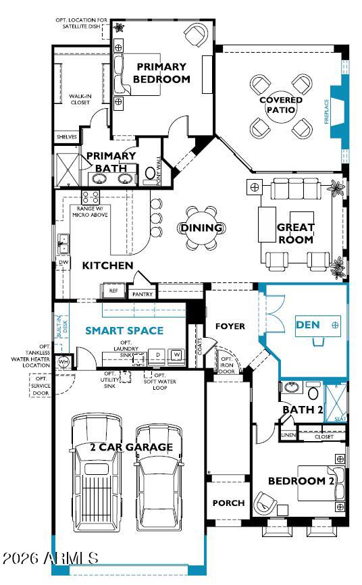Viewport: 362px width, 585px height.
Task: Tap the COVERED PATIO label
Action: (x=281, y=105)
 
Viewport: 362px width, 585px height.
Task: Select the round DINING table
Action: (x=201, y=228)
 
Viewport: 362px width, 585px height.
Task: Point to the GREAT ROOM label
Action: (x=296, y=234)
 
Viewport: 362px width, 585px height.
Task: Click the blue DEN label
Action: (x=308, y=325)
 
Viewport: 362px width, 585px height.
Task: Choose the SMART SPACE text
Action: (x=124, y=330)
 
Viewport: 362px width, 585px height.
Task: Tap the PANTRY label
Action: (x=143, y=294)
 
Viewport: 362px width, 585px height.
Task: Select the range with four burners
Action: (x=90, y=197)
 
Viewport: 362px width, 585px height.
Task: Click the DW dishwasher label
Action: (x=63, y=261)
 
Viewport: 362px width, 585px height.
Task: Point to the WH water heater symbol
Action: (x=64, y=361)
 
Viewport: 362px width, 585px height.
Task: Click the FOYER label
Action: (x=230, y=326)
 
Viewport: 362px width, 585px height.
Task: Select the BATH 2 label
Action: (x=303, y=409)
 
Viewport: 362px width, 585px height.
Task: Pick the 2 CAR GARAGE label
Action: (x=131, y=447)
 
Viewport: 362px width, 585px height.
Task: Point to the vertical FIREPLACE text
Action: (x=326, y=111)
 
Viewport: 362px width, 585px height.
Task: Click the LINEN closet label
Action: (x=288, y=434)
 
